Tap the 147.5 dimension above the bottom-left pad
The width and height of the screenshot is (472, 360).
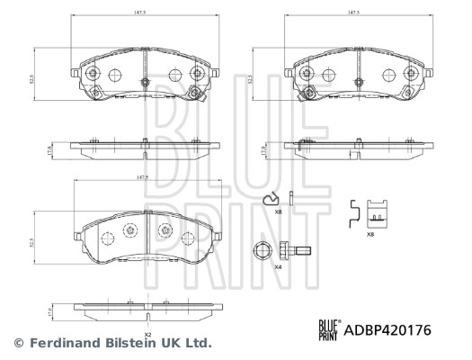tap(142, 178)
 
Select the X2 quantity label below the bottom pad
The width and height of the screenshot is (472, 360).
tap(147, 335)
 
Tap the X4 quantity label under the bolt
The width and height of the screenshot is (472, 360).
tap(277, 267)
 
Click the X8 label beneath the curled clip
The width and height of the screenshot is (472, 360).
tap(278, 212)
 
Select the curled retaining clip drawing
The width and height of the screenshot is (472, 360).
tap(269, 200)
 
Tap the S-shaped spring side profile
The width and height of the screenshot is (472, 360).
tap(355, 209)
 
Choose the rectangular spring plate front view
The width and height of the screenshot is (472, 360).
tap(379, 212)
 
